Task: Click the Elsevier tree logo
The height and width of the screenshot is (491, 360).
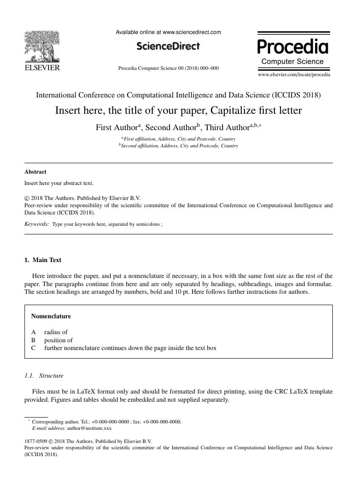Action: [42, 46]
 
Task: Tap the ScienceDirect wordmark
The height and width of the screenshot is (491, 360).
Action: [168, 46]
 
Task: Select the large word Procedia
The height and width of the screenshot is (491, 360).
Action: [292, 47]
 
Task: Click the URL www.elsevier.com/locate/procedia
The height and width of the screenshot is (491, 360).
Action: [294, 74]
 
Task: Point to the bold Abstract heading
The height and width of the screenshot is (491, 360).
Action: [35, 172]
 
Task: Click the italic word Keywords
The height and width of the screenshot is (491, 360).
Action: [37, 224]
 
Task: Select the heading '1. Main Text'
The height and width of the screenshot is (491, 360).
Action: [43, 260]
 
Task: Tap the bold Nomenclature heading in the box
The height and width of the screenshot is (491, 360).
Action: [51, 316]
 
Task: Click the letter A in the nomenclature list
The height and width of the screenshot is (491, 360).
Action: [34, 332]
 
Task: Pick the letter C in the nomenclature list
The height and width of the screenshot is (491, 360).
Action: [34, 348]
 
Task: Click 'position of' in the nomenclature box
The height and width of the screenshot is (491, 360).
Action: [58, 340]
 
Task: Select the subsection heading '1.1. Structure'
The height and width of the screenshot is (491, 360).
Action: [44, 376]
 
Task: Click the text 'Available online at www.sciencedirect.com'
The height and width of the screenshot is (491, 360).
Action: [168, 32]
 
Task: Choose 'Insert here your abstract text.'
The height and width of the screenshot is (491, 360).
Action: [59, 183]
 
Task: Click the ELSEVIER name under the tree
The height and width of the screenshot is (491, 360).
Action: [42, 68]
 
